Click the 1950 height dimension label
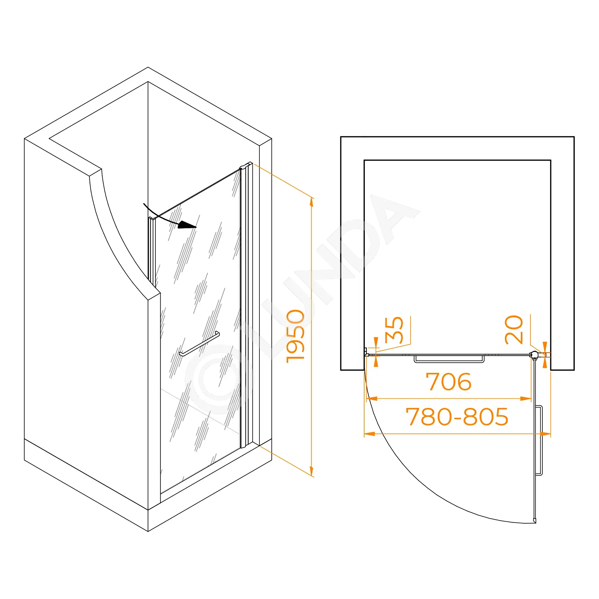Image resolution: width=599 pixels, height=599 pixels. click(296, 336)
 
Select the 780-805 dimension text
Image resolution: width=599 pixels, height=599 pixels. click(457, 417)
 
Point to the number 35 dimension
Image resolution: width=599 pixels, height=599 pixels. click(394, 330)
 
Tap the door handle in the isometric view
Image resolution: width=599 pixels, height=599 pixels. click(199, 344)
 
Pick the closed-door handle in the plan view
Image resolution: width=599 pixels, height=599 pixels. click(449, 359)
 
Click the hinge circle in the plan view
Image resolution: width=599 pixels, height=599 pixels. click(534, 355)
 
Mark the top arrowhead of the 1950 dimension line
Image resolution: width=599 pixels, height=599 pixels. click(311, 202)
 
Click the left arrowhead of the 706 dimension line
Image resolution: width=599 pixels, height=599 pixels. click(372, 399)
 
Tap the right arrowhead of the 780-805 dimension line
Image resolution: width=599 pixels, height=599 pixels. click(545, 434)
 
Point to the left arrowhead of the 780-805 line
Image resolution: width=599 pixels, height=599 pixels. click(370, 434)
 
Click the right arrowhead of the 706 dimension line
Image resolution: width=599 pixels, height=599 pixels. click(526, 399)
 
